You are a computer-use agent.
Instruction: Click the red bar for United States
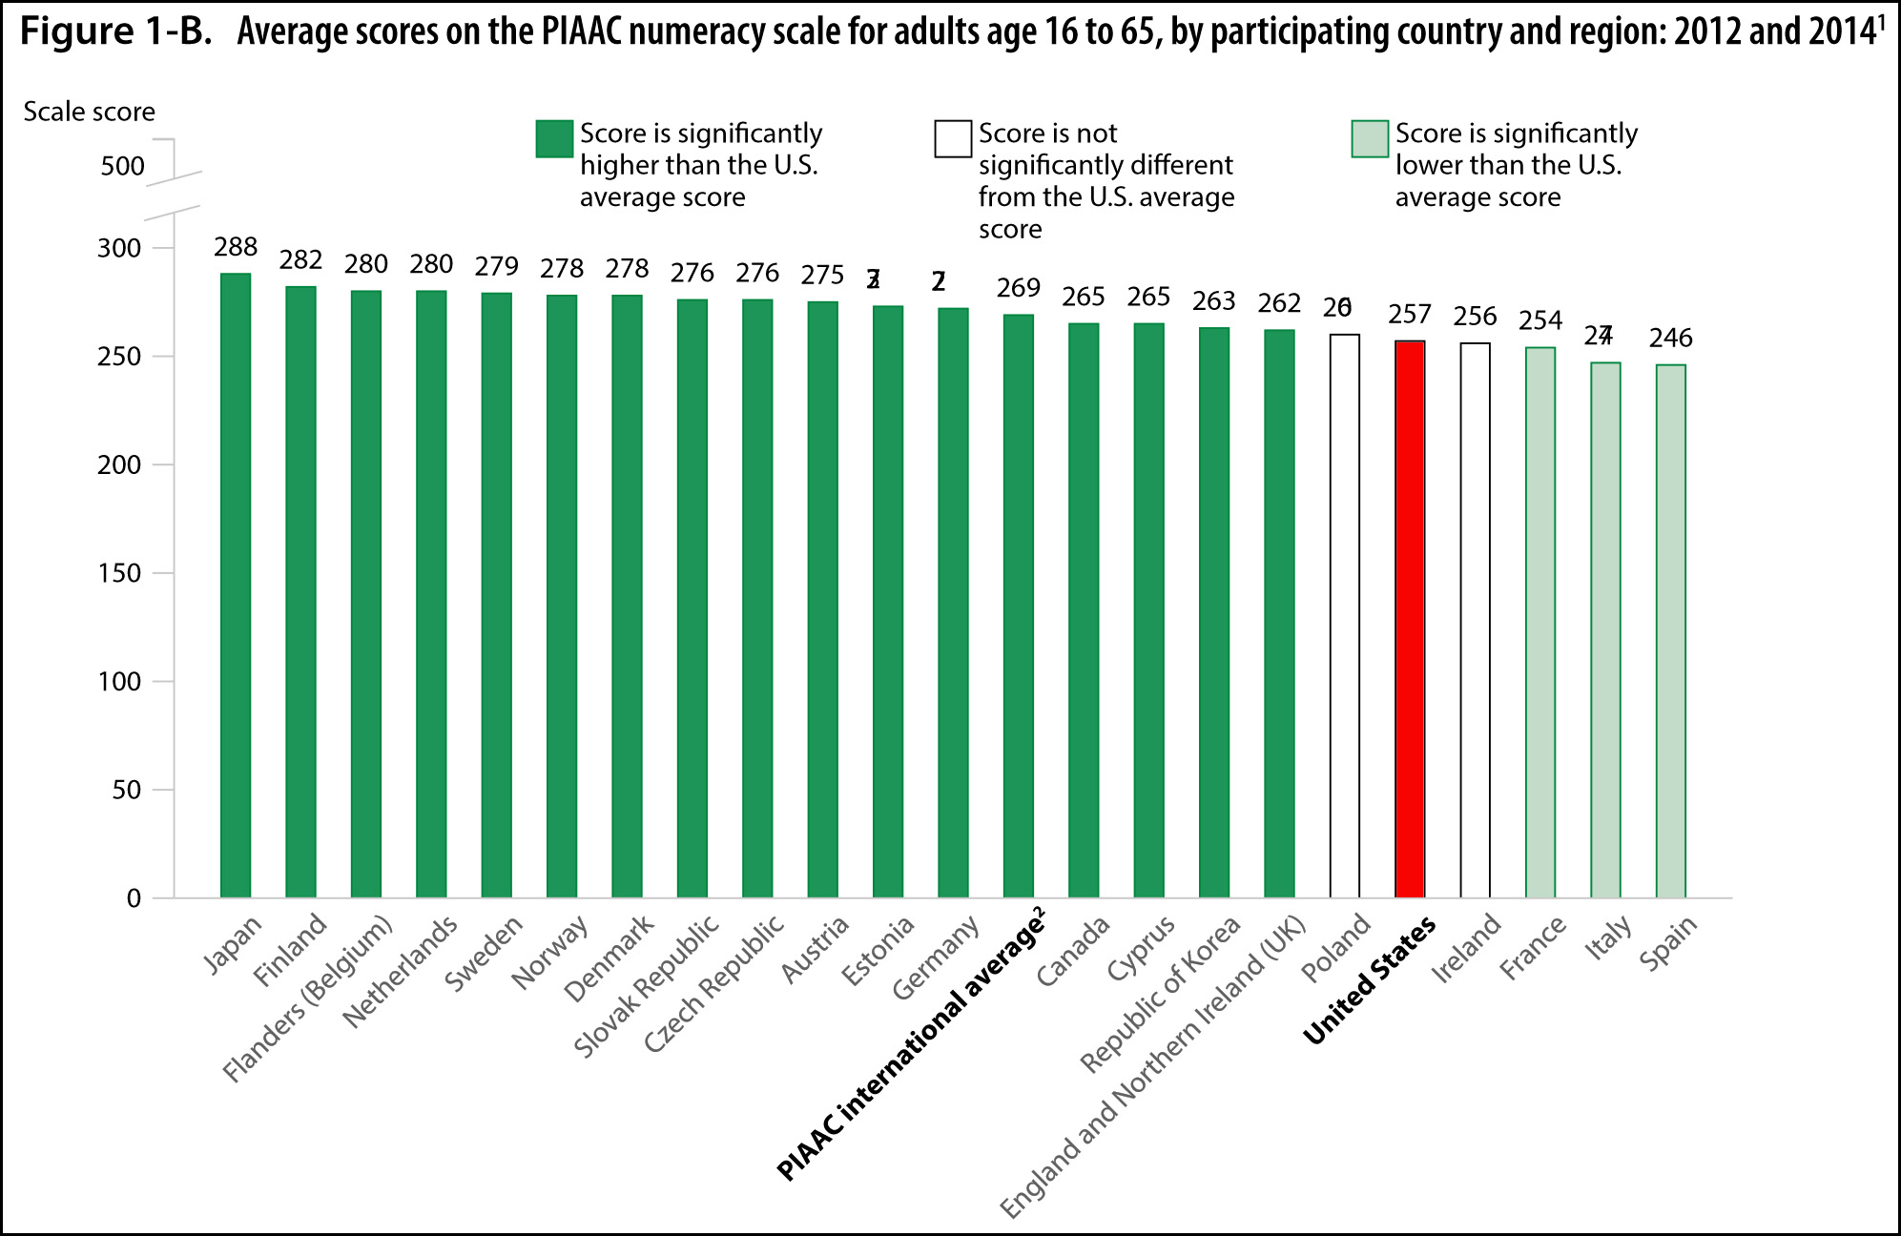pyautogui.click(x=1410, y=620)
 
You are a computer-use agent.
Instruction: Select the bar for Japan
pyautogui.click(x=236, y=586)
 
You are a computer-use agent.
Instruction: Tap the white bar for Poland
pyautogui.click(x=1345, y=616)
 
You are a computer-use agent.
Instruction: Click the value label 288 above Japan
pyautogui.click(x=236, y=247)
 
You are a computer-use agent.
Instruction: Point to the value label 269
pyautogui.click(x=1018, y=288)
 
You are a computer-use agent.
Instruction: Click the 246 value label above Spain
pyautogui.click(x=1670, y=339)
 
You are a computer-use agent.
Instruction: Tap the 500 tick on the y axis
pyautogui.click(x=122, y=166)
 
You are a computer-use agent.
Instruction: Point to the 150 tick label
pyautogui.click(x=119, y=573)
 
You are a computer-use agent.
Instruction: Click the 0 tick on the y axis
pyautogui.click(x=134, y=898)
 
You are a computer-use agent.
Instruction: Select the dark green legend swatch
pyautogui.click(x=554, y=138)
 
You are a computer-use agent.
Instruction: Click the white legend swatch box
pyautogui.click(x=953, y=138)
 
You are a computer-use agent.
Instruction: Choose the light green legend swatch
pyautogui.click(x=1370, y=138)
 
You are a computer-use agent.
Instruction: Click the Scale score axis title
pyautogui.click(x=89, y=112)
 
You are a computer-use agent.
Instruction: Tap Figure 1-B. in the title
pyautogui.click(x=115, y=31)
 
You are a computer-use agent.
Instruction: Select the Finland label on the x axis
pyautogui.click(x=291, y=950)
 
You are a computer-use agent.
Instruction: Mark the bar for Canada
pyautogui.click(x=1084, y=610)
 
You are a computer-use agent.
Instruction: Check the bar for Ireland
pyautogui.click(x=1475, y=621)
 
